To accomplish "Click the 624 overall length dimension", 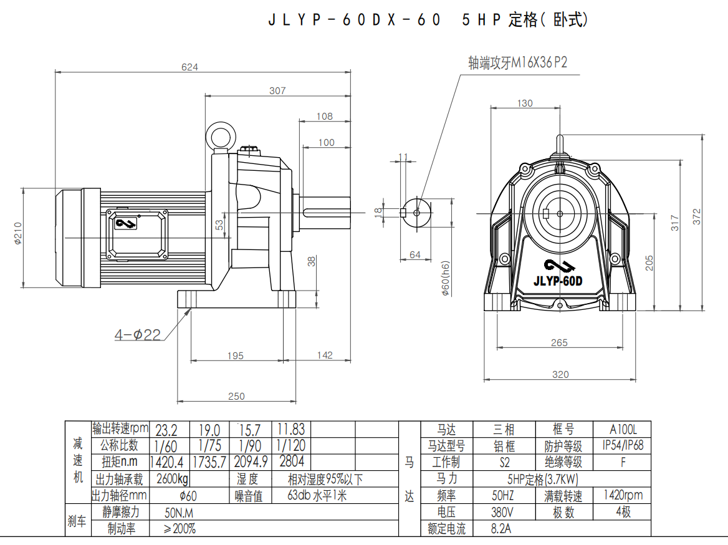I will click(189, 67).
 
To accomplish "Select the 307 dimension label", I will click(277, 90).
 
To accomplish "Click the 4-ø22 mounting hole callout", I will click(138, 335).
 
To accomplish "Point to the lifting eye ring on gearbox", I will click(221, 136).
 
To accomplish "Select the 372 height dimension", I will click(697, 216).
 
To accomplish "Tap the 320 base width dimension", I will click(560, 374).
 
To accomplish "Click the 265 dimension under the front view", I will click(559, 342).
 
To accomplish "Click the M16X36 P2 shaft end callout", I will click(517, 63).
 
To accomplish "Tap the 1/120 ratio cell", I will click(291, 446).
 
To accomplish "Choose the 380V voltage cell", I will click(503, 512).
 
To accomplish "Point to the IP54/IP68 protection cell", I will click(623, 446).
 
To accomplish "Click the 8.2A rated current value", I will click(502, 529).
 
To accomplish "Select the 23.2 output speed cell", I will click(166, 430).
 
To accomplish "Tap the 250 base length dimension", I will click(236, 396).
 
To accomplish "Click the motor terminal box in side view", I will click(137, 234).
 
